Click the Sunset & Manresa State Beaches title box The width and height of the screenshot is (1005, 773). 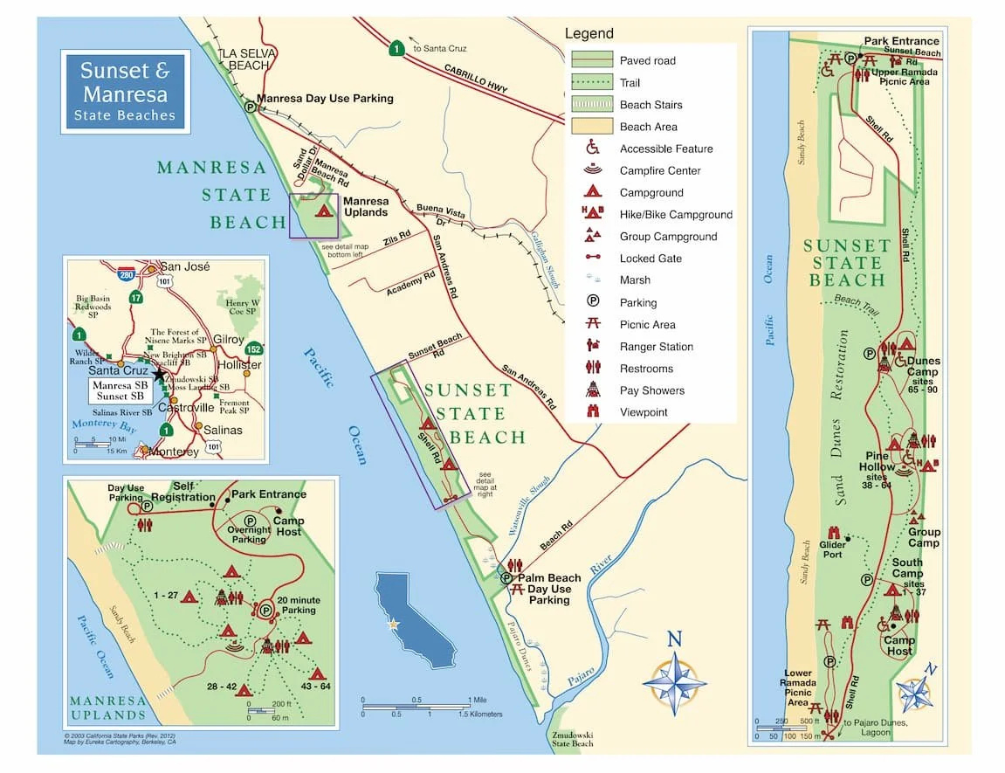point(125,92)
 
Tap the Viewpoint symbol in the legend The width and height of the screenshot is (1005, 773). point(593,412)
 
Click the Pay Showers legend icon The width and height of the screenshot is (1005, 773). point(593,390)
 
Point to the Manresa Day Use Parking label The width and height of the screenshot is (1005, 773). point(325,99)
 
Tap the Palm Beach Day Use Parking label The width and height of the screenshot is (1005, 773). point(549,589)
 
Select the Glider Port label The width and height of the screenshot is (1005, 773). point(832,550)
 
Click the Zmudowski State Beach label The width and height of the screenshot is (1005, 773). point(573,739)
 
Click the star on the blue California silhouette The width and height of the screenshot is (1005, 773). point(393,624)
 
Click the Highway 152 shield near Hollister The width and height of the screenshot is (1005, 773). point(253,349)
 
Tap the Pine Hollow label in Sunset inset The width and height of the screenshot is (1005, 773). point(877,461)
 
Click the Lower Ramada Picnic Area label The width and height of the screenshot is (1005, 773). point(798,688)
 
